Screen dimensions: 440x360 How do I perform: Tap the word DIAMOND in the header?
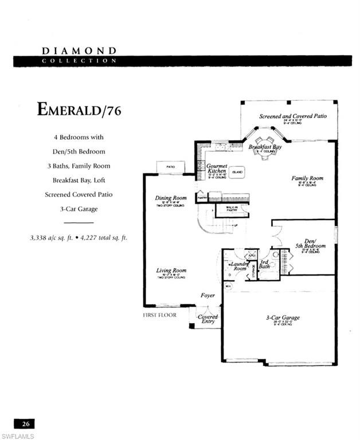click(x=79, y=51)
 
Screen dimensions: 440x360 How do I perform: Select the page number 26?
click(x=25, y=424)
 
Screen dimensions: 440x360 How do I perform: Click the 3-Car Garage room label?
click(x=282, y=317)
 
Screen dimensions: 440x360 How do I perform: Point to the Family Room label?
click(x=307, y=178)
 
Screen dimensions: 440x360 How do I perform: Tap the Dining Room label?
click(x=171, y=198)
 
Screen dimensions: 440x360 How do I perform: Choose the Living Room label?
click(x=171, y=270)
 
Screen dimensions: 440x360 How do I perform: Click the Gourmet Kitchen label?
click(x=217, y=168)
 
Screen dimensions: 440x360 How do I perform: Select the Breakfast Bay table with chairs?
click(x=264, y=148)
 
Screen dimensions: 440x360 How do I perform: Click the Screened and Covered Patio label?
click(x=292, y=116)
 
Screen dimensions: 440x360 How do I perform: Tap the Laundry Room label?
click(x=240, y=266)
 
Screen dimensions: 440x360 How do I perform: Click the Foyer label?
click(x=207, y=296)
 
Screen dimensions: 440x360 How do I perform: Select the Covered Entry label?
click(x=207, y=319)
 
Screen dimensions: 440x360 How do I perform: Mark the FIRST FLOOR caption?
click(x=159, y=315)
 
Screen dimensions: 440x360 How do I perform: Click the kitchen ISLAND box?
click(x=237, y=172)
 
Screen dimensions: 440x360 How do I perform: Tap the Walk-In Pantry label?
click(x=232, y=210)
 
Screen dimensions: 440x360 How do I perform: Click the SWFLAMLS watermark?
click(x=17, y=435)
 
